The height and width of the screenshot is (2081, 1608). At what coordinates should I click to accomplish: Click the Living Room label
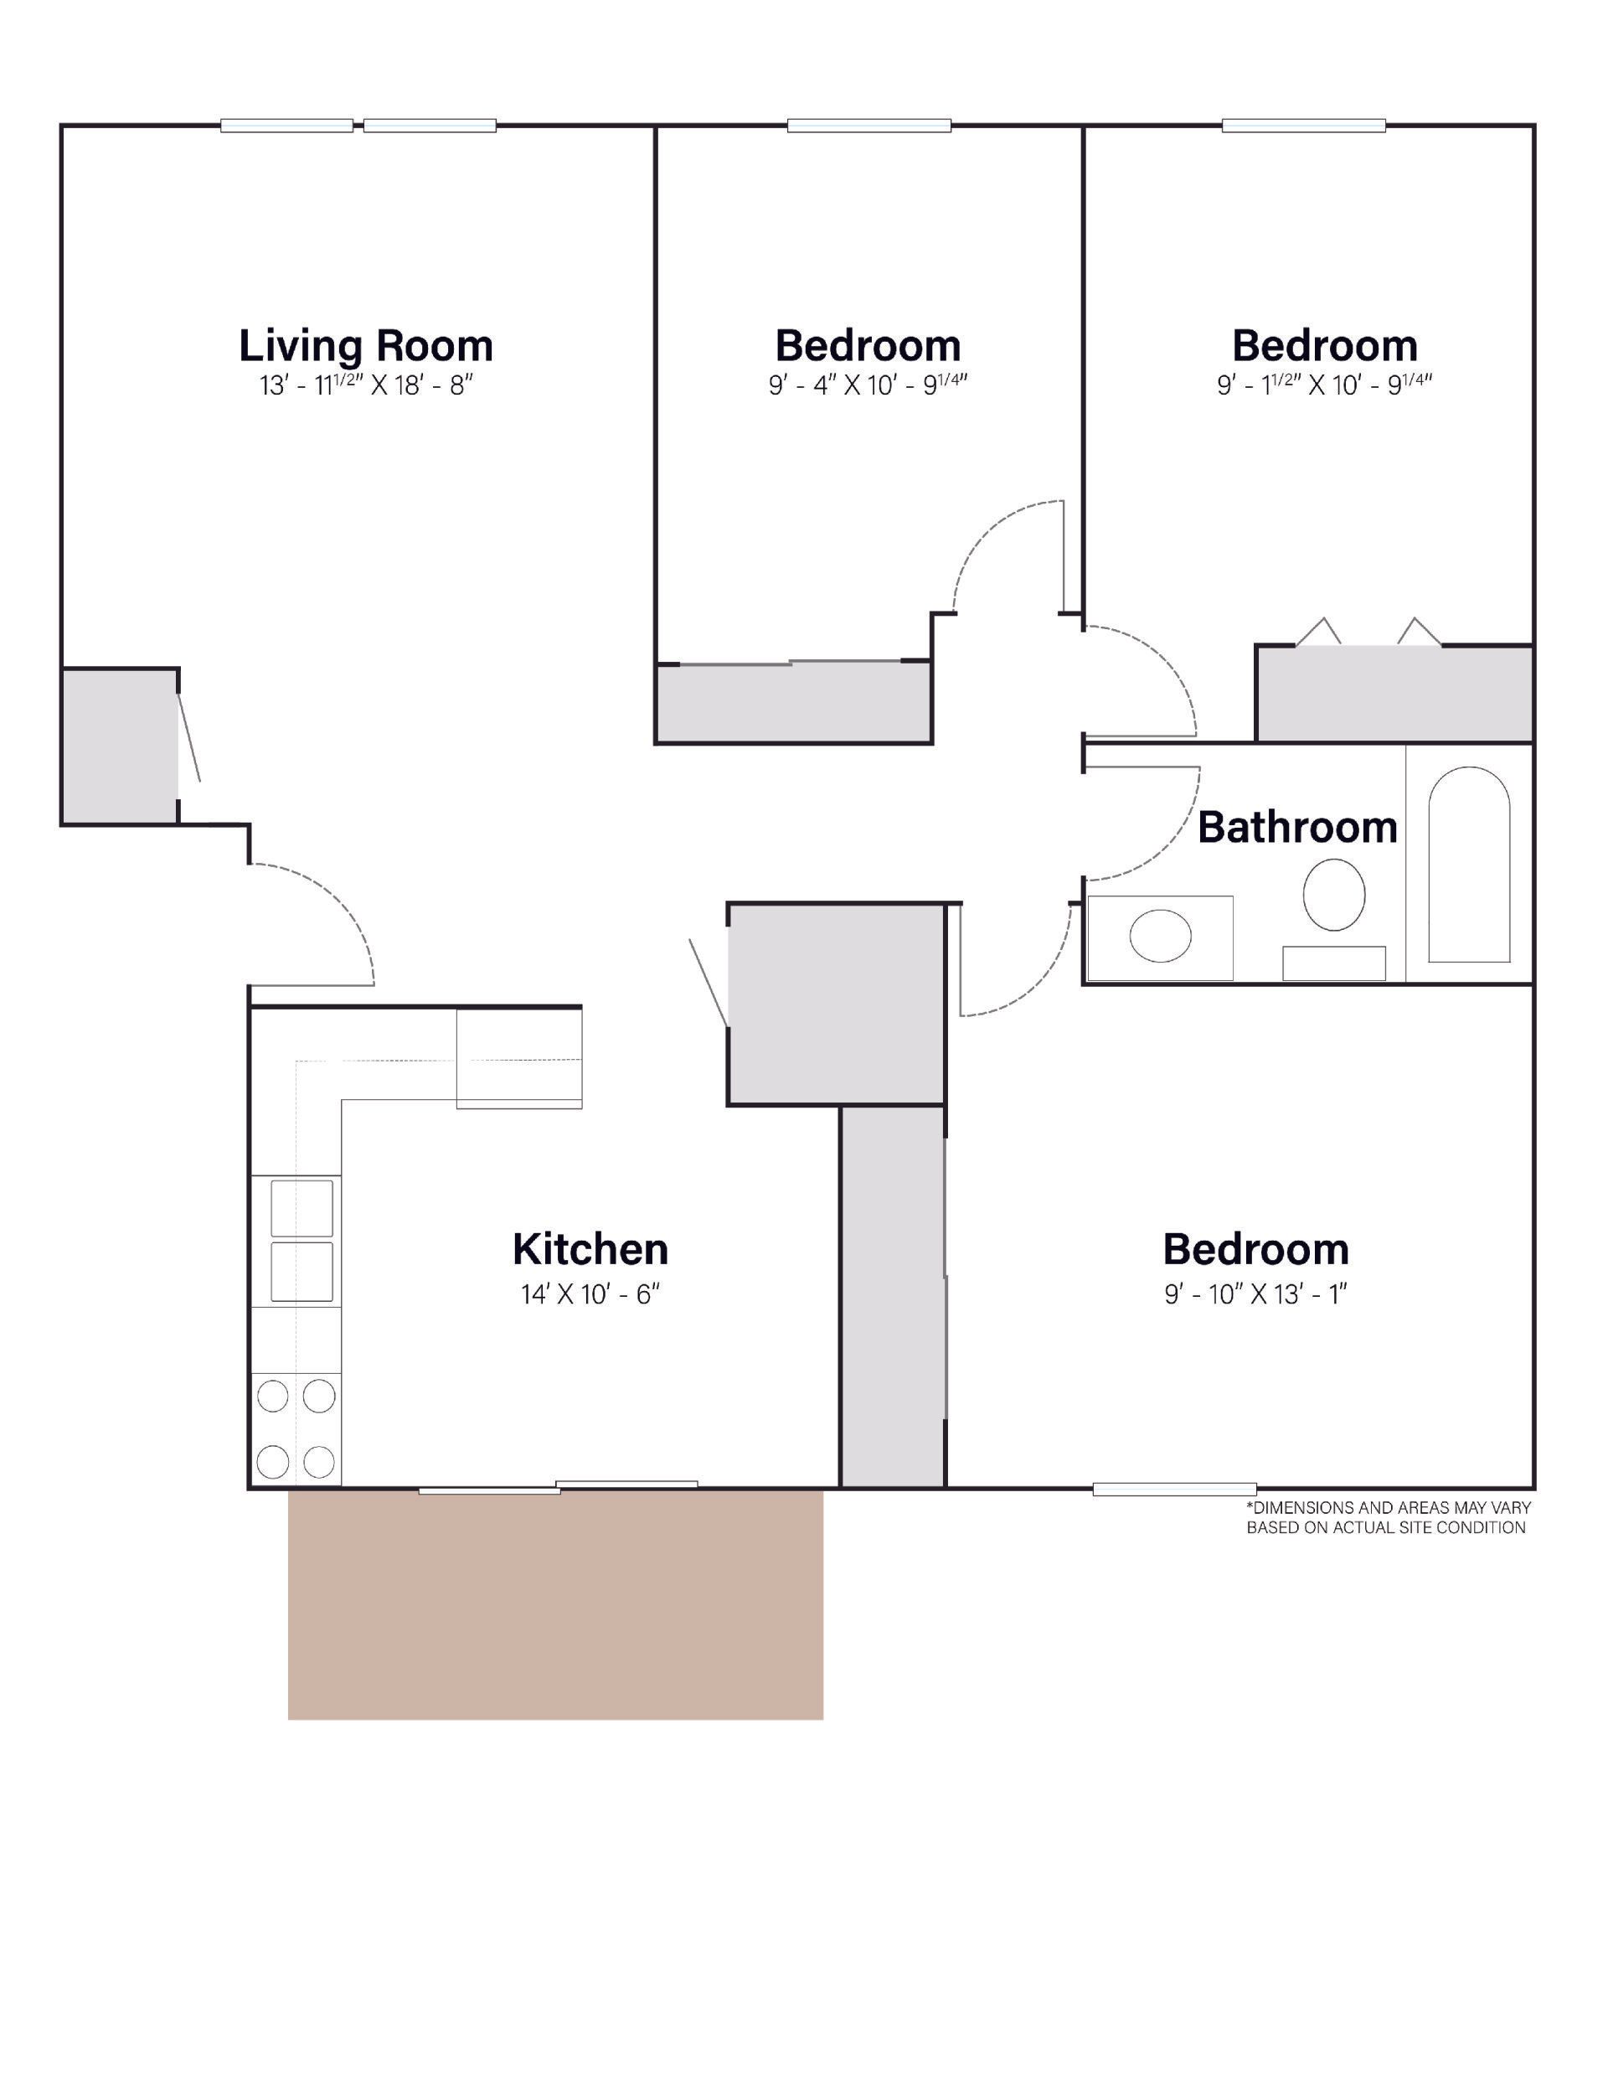(366, 346)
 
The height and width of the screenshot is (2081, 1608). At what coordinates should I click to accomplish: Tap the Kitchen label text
(590, 1249)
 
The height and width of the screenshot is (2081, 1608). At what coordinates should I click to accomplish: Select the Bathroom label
(1296, 827)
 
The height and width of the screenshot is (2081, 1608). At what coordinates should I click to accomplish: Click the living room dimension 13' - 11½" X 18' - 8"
(366, 386)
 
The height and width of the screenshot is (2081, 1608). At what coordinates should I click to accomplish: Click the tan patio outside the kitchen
(555, 1604)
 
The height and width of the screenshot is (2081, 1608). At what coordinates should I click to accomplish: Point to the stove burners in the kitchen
(296, 1428)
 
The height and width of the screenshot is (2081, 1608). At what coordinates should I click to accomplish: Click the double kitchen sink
(302, 1241)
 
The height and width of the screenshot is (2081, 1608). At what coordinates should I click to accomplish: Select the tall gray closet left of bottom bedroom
(893, 1296)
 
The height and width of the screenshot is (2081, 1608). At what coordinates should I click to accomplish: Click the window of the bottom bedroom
(1173, 1490)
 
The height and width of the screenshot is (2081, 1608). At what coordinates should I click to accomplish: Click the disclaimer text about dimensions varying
(1388, 1518)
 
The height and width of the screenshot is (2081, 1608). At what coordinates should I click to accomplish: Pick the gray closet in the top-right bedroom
(1394, 694)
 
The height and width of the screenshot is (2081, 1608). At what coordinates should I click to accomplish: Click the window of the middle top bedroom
(868, 125)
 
